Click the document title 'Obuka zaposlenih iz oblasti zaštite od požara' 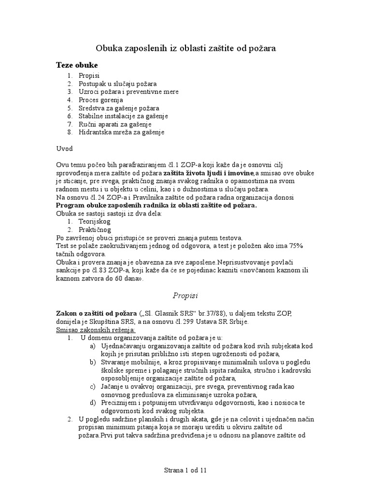tap(185, 48)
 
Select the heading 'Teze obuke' tap(76, 65)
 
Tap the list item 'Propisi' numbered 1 tap(89, 76)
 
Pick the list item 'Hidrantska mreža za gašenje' tap(122, 132)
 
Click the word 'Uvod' tap(65, 149)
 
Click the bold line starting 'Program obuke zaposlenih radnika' tap(157, 205)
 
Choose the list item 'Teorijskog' tap(95, 221)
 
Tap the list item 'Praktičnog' tap(95, 230)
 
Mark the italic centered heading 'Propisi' tap(185, 295)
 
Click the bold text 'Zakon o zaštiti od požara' tap(97, 314)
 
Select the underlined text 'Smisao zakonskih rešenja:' tap(94, 330)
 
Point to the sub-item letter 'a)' tap(93, 346)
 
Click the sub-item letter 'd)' tap(93, 403)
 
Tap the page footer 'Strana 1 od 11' tap(185, 469)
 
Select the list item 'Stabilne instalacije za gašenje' tap(124, 116)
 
